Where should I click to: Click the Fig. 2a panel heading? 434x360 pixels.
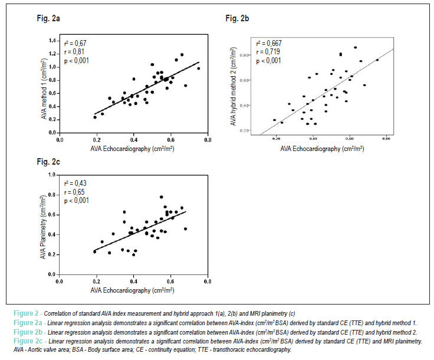pyautogui.click(x=48, y=18)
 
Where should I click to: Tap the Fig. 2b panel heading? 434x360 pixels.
pyautogui.click(x=237, y=18)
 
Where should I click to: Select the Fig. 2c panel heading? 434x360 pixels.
pyautogui.click(x=48, y=162)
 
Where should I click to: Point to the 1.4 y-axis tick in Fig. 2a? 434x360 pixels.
pyautogui.click(x=52, y=41)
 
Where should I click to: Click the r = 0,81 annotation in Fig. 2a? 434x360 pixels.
pyautogui.click(x=74, y=52)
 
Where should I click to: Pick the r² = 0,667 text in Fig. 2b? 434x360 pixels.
pyautogui.click(x=269, y=44)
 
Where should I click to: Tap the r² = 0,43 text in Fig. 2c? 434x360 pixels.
pyautogui.click(x=75, y=184)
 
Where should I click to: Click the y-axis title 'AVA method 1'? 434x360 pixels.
pyautogui.click(x=44, y=89)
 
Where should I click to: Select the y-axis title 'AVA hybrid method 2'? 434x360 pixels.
pyautogui.click(x=234, y=86)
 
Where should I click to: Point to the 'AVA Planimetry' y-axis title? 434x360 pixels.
pyautogui.click(x=43, y=227)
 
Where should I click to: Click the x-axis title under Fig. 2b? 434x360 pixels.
pyautogui.click(x=322, y=149)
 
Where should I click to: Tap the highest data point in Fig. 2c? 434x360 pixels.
pyautogui.click(x=162, y=197)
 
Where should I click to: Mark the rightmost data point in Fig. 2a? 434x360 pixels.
pyautogui.click(x=199, y=68)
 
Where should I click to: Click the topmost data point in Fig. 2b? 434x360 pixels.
pyautogui.click(x=356, y=48)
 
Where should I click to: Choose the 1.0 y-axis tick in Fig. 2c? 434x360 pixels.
pyautogui.click(x=52, y=175)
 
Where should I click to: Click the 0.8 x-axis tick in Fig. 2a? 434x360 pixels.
pyautogui.click(x=208, y=140)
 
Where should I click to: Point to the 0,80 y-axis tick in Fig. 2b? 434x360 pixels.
pyautogui.click(x=244, y=55)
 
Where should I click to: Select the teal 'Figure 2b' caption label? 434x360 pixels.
pyautogui.click(x=28, y=332)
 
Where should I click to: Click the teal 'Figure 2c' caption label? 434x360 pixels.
pyautogui.click(x=28, y=341)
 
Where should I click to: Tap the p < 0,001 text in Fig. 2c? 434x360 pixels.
pyautogui.click(x=77, y=201)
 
